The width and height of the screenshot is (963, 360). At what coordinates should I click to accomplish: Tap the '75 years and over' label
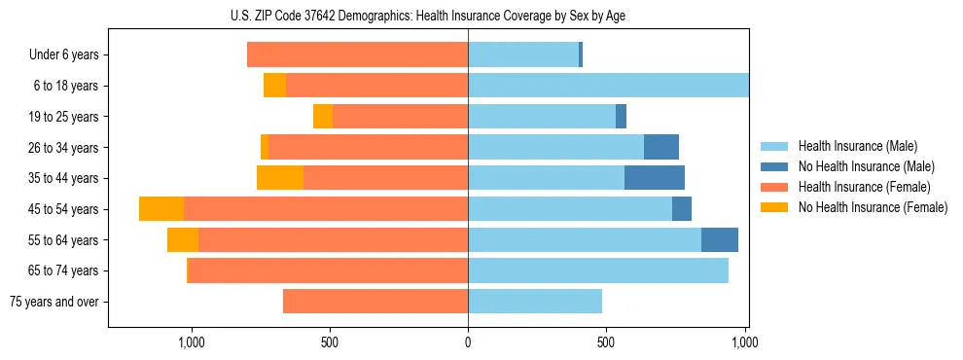[54, 302]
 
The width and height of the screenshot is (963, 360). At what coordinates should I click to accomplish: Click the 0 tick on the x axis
[468, 342]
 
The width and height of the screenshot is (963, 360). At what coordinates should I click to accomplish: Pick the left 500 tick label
[329, 342]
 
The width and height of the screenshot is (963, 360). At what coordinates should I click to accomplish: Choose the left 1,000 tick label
[191, 342]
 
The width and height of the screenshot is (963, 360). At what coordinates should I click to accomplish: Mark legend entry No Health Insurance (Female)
[873, 207]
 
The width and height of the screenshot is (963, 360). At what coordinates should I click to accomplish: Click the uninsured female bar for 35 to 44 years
[280, 178]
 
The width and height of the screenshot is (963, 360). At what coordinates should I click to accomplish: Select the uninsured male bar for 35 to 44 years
[655, 178]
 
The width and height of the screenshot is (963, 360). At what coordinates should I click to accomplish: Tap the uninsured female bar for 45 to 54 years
[161, 209]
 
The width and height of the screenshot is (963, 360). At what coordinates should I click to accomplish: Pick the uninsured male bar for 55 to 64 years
[720, 239]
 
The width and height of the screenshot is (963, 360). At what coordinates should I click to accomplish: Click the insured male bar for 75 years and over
[535, 302]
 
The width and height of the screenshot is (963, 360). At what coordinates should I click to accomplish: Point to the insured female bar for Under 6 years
[357, 54]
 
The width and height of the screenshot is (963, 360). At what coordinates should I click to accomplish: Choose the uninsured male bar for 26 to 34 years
[661, 147]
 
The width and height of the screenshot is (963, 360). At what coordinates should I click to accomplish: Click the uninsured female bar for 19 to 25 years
[323, 117]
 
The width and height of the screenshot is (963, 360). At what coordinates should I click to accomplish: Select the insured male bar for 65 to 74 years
[598, 270]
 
